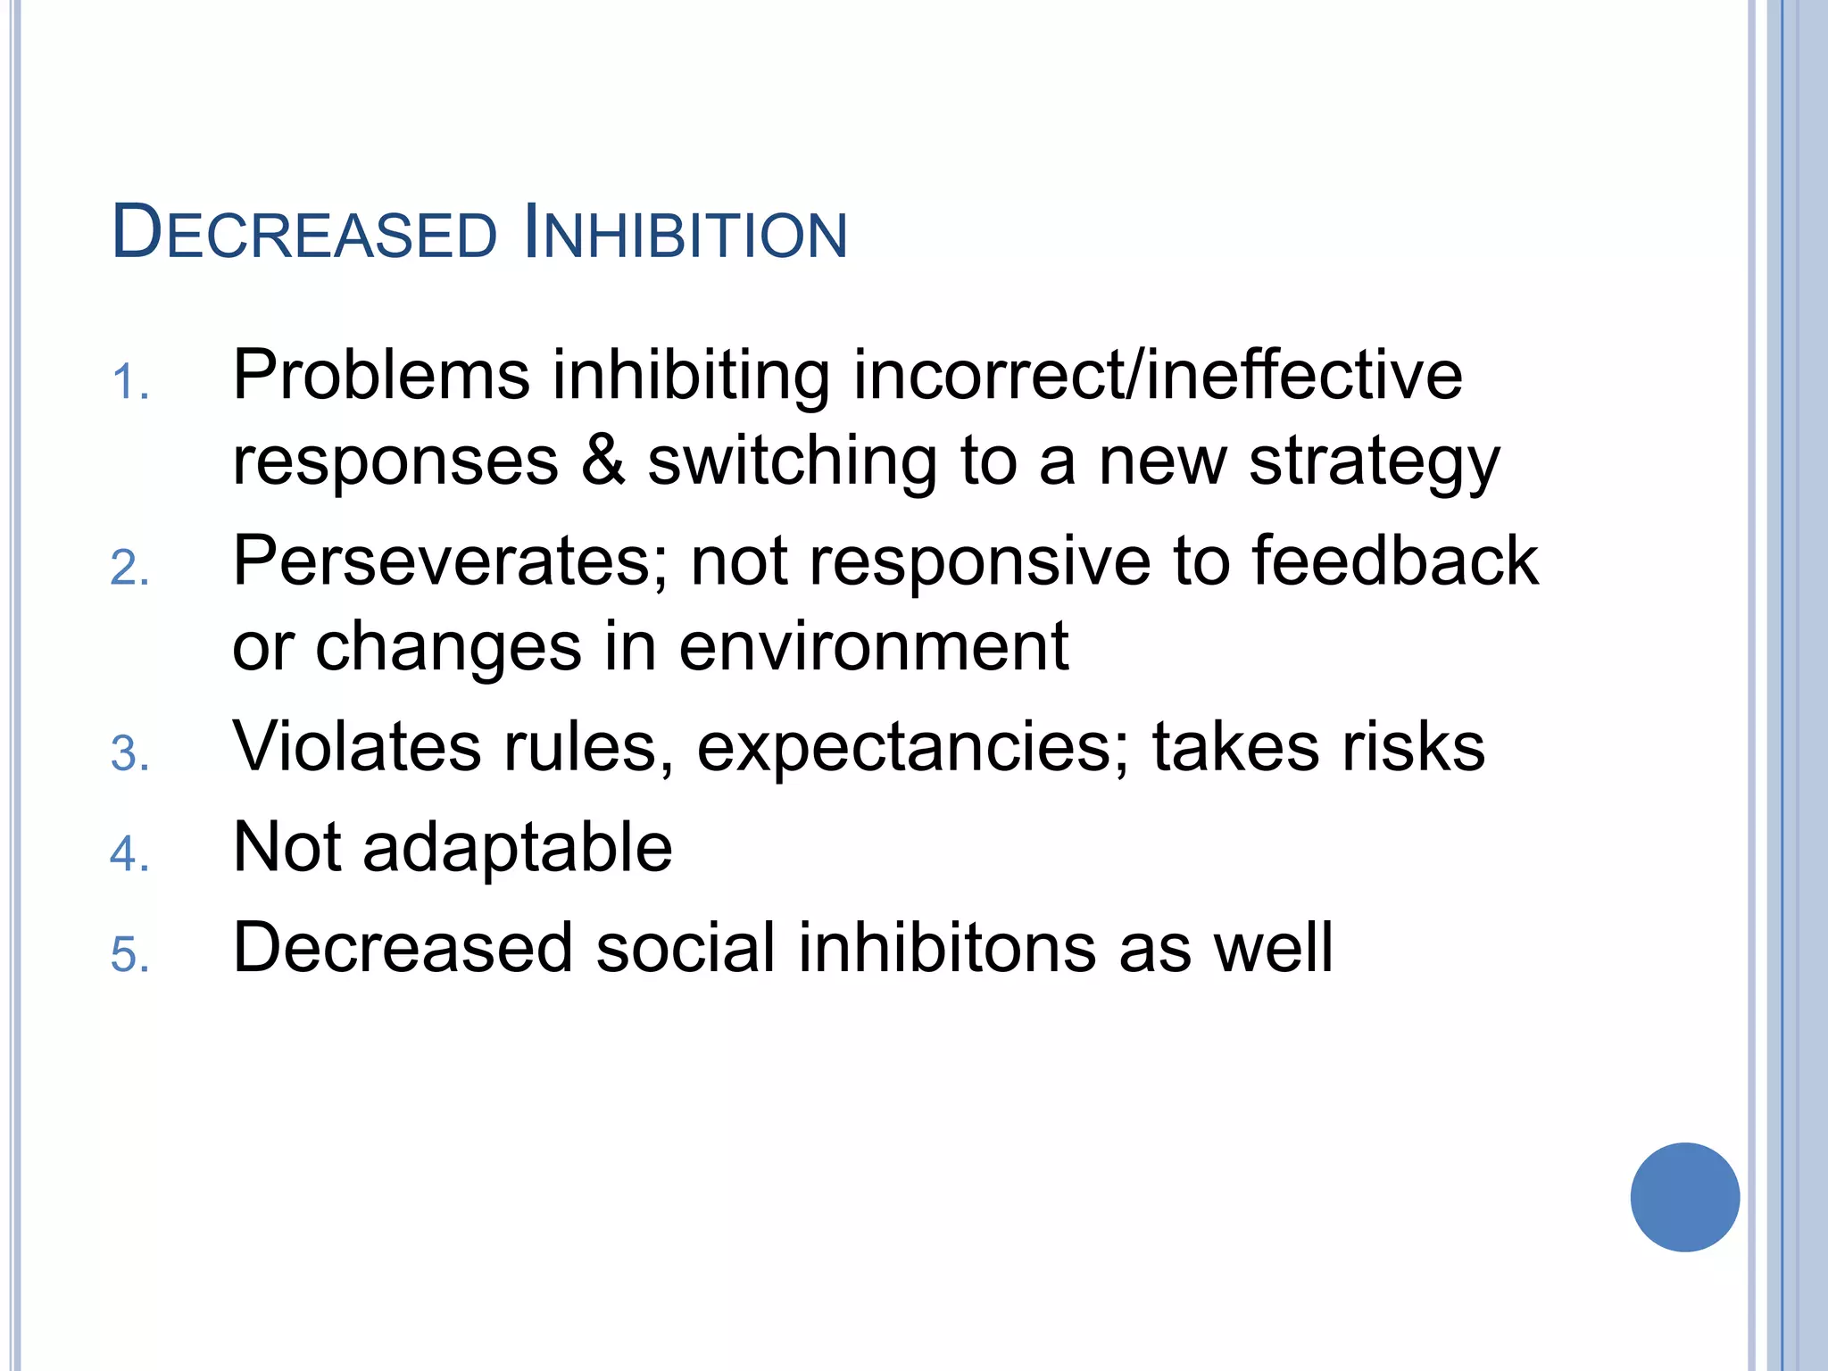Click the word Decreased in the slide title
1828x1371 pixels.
[303, 234]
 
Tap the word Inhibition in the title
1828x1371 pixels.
[685, 234]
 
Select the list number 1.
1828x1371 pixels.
[129, 384]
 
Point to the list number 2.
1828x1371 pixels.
[129, 569]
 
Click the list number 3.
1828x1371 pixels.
[129, 754]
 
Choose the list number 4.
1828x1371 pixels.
[129, 854]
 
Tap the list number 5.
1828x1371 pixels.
[129, 955]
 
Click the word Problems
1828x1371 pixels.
[381, 375]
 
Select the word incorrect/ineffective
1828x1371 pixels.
[1158, 375]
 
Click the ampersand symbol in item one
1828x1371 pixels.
[603, 461]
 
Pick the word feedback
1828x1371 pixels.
[1395, 561]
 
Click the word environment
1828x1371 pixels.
[873, 646]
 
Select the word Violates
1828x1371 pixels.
[356, 746]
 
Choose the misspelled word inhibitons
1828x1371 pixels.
[946, 947]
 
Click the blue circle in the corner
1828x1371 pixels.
[1684, 1197]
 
